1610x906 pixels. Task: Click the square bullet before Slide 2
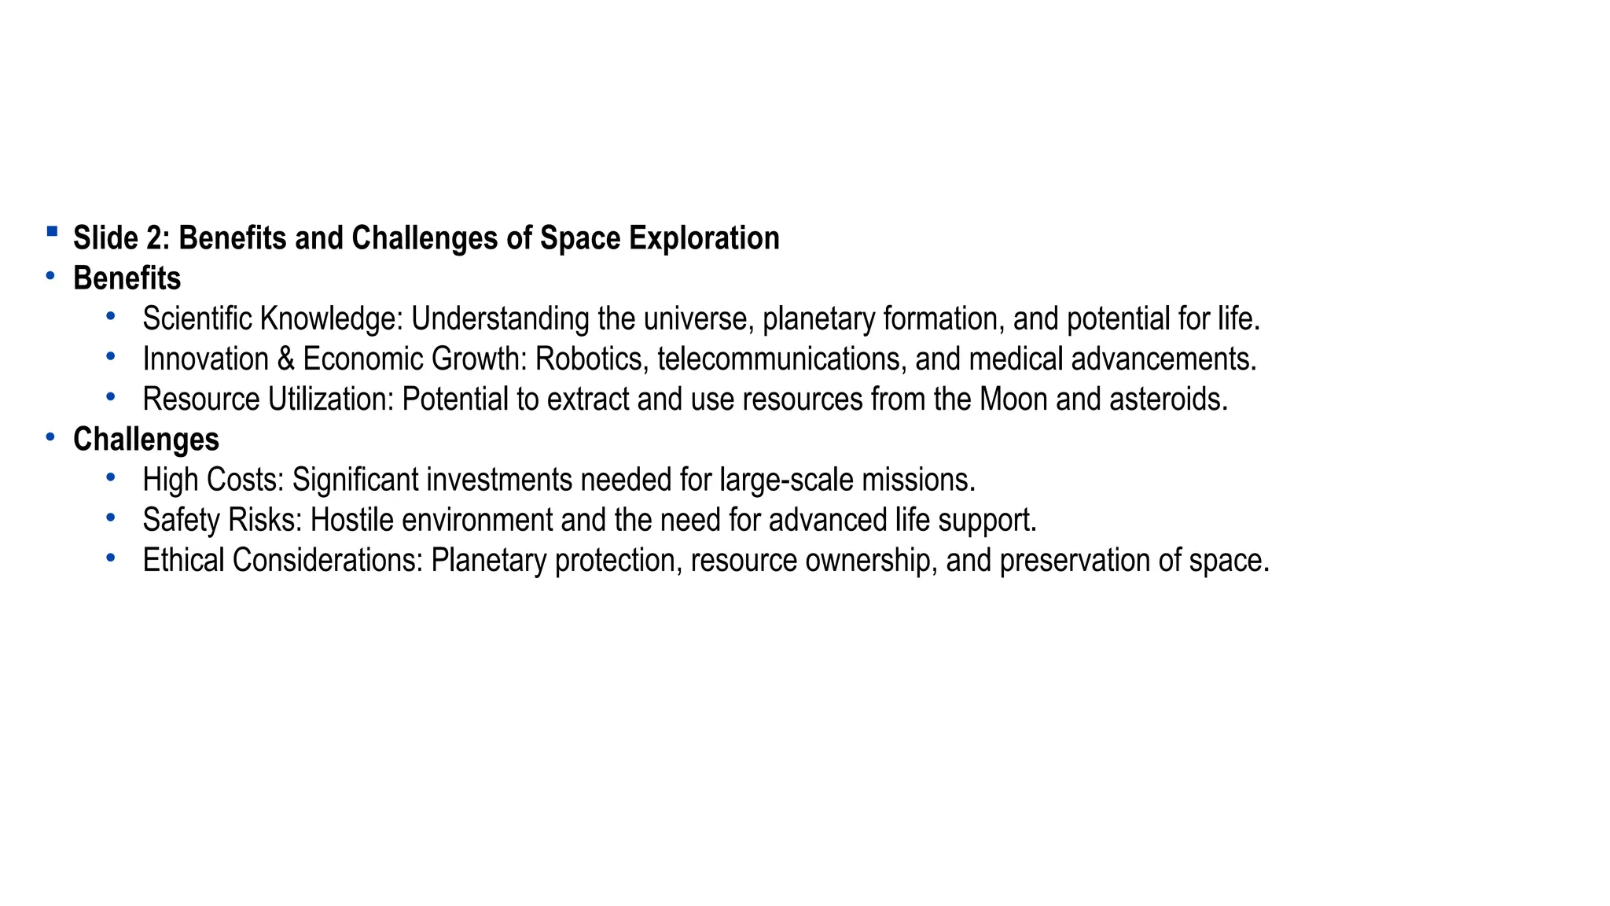(52, 231)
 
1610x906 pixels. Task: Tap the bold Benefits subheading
(127, 278)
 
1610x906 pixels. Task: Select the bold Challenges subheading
(145, 440)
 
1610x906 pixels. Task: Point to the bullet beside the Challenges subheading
(50, 436)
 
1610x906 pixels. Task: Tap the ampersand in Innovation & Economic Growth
(285, 359)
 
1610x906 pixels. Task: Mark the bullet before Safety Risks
(111, 517)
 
